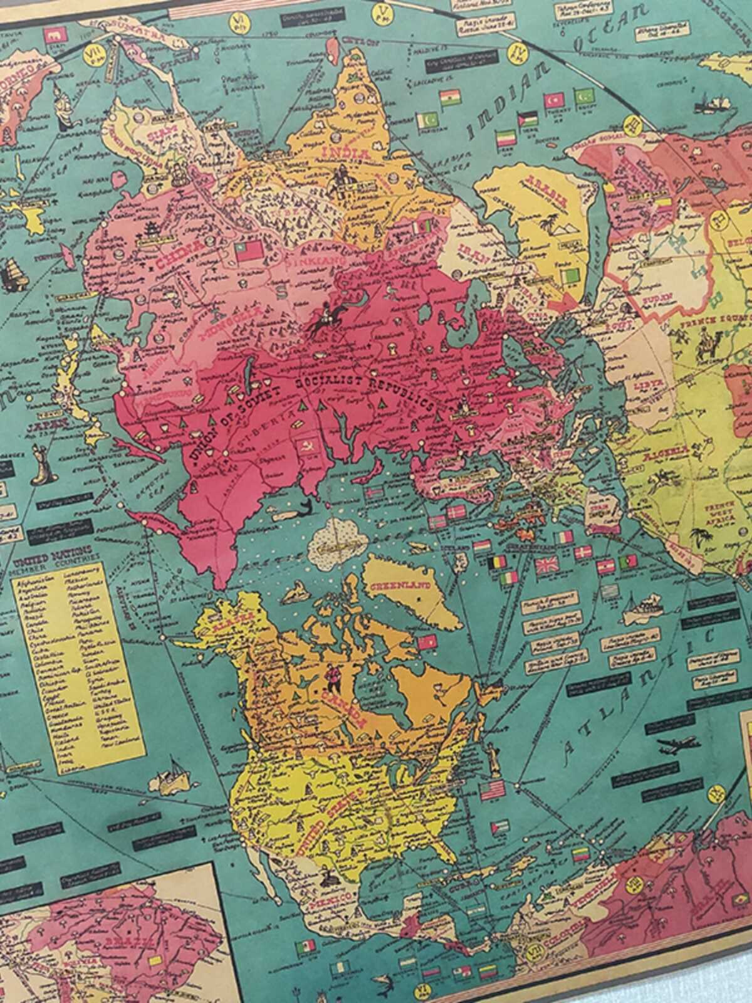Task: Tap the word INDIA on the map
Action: tap(339, 152)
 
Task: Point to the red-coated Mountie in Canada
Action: tap(331, 676)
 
